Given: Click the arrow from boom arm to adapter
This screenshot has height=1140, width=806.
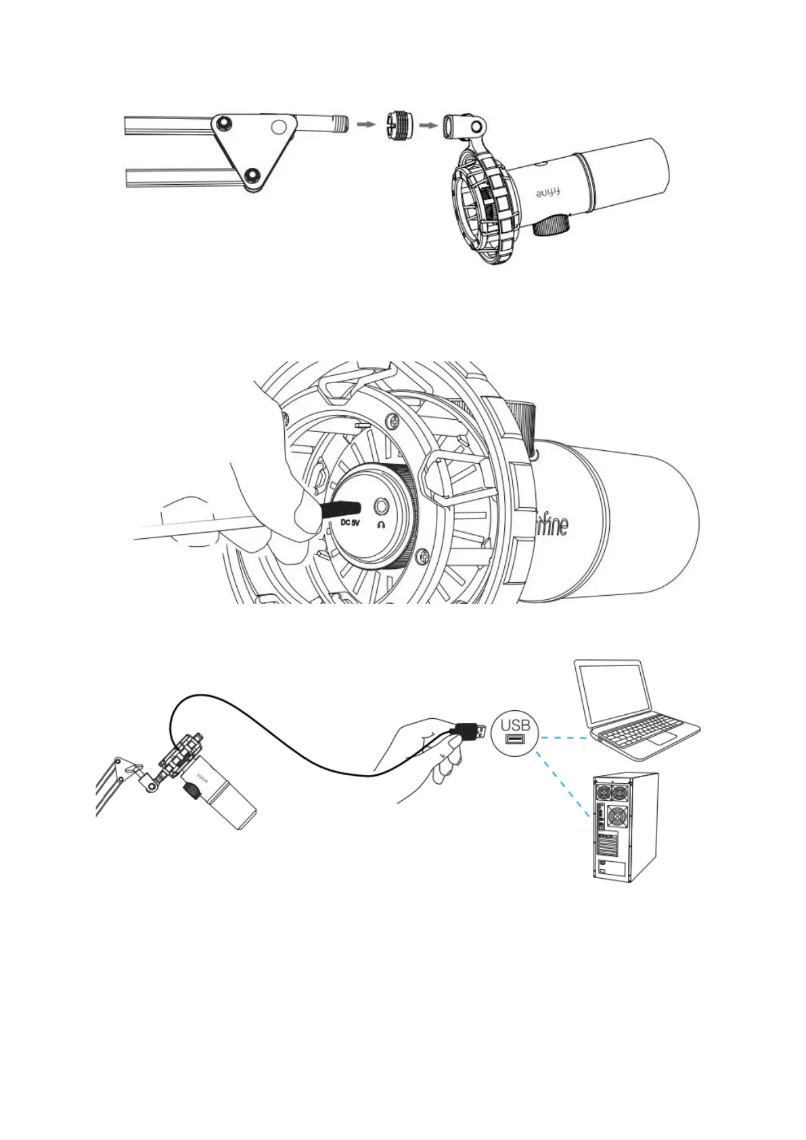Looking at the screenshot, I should point(365,125).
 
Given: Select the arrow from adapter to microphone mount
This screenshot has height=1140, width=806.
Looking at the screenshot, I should point(428,125).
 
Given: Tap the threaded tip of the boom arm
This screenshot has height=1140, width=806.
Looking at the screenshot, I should point(340,124).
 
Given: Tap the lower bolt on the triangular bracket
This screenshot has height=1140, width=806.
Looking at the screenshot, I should point(253,177).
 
